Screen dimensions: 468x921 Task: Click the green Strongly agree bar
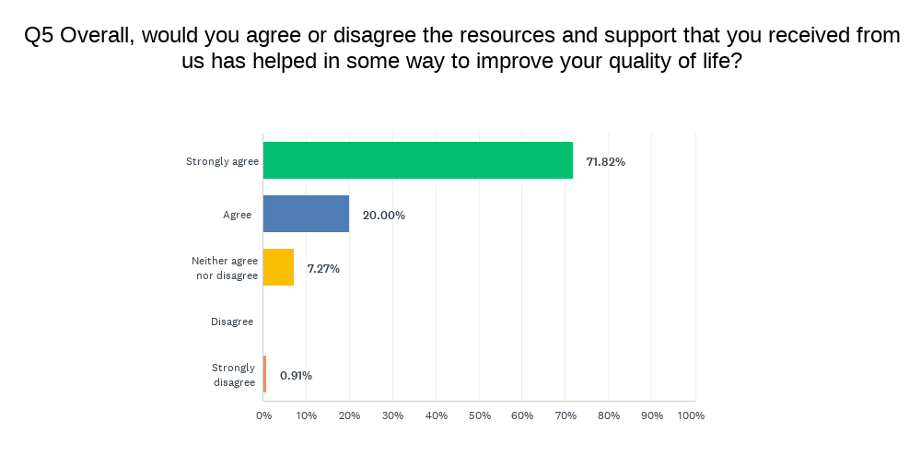(x=417, y=160)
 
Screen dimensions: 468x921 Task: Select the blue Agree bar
(x=306, y=214)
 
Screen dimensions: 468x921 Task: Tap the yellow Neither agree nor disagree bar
(x=278, y=267)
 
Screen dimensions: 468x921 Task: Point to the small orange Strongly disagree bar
(x=264, y=374)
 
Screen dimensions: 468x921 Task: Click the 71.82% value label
(x=605, y=162)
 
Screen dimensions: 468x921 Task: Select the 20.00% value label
(x=383, y=216)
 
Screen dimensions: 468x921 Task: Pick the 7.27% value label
(x=323, y=269)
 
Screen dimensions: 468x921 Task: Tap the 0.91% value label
(x=296, y=376)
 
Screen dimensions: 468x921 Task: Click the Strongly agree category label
(x=222, y=161)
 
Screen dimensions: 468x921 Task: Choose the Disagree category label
(x=232, y=322)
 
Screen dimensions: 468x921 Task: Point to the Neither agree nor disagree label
(x=225, y=268)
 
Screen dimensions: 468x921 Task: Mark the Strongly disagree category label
(x=233, y=375)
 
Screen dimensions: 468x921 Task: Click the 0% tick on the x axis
(x=264, y=415)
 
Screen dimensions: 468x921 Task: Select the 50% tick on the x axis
(x=479, y=415)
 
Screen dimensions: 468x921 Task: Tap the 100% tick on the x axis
(x=691, y=415)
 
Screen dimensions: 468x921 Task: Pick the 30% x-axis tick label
(x=392, y=415)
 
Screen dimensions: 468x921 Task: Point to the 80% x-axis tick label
(x=608, y=415)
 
